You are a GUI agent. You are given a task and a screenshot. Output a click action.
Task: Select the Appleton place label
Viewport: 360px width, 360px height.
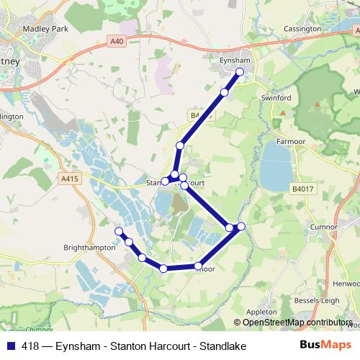(261, 311)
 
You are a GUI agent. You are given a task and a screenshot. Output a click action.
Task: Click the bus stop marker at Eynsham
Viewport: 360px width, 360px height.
(240, 71)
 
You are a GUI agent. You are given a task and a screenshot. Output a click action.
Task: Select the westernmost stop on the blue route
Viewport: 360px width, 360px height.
(120, 231)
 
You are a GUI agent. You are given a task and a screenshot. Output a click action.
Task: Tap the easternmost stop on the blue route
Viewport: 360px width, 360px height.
(241, 227)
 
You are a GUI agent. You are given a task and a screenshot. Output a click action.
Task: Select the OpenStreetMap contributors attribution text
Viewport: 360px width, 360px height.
(296, 322)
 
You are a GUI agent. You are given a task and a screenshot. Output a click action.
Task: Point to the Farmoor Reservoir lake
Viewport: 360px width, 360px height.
(276, 165)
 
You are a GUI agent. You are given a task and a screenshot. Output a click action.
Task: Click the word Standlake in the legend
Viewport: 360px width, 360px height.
(223, 346)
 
